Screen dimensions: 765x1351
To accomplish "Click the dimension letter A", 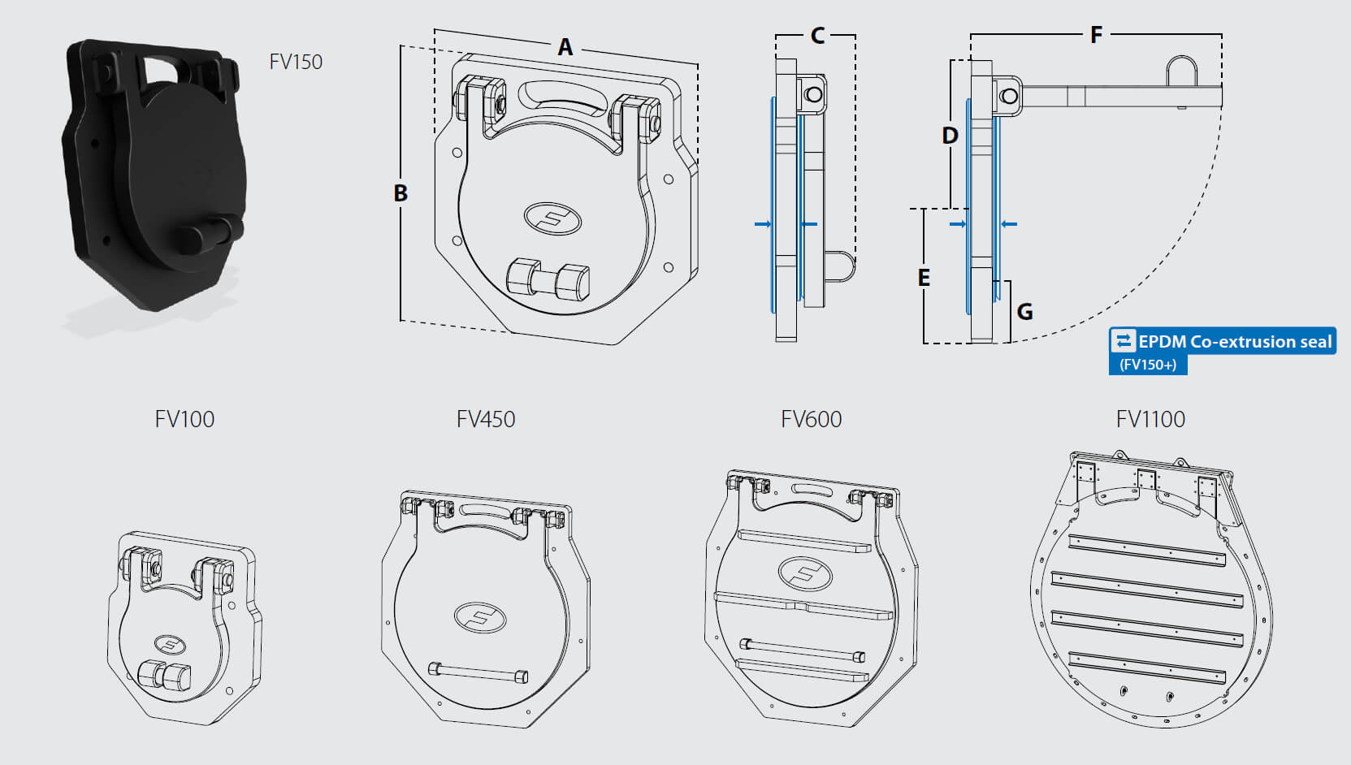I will [565, 47].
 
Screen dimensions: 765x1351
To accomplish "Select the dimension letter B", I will [401, 193].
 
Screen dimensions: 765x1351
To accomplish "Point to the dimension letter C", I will [817, 36].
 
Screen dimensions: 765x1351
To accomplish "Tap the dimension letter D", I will [950, 136].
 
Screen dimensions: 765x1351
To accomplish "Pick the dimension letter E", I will [924, 278].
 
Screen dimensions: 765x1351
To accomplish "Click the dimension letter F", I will [1096, 35].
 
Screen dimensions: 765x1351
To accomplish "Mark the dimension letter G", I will [1024, 312].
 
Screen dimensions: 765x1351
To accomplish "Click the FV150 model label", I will [296, 62].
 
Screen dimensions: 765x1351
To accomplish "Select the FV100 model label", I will [184, 419].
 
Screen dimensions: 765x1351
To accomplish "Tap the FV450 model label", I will [486, 419].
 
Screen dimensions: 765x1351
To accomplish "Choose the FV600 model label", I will [811, 419].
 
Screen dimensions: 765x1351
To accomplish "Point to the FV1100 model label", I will [1150, 419].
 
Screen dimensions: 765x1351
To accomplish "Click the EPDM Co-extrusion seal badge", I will [1223, 341].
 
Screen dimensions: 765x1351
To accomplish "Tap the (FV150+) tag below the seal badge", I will [1148, 365].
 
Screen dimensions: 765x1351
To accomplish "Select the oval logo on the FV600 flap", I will [805, 574].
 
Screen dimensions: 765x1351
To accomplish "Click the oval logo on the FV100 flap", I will [171, 646].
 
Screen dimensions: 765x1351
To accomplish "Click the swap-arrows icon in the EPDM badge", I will [1123, 341].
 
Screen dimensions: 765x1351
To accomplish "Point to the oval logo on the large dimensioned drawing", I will [553, 218].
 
